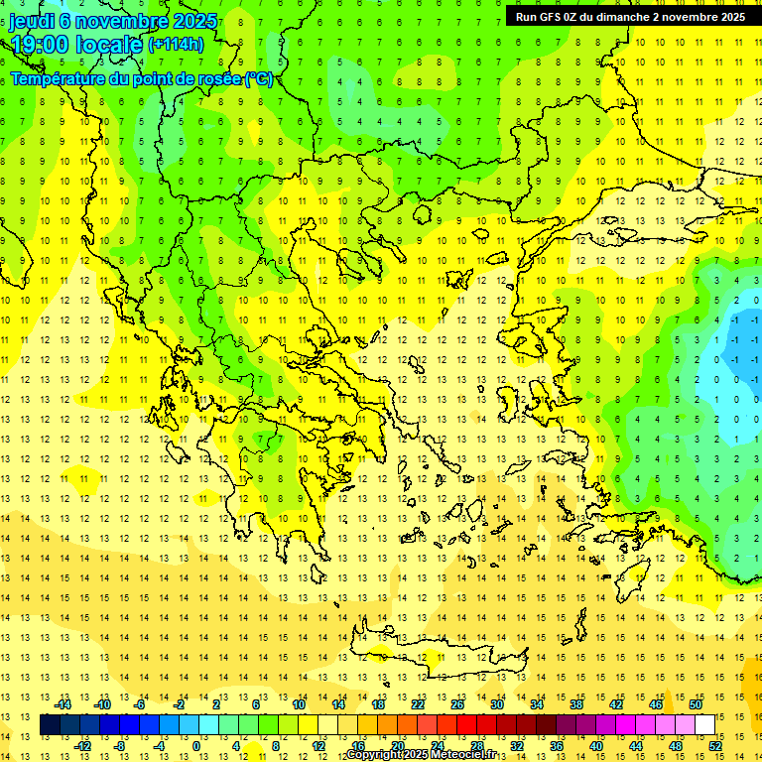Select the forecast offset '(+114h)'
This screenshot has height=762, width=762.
(176, 44)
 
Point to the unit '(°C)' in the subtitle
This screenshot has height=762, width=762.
(259, 77)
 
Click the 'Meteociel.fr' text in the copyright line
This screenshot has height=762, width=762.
(465, 755)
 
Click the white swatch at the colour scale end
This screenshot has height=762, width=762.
(705, 725)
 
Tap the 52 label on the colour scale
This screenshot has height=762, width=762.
(716, 746)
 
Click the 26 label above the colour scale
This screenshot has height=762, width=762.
(456, 704)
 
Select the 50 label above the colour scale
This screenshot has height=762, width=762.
(696, 704)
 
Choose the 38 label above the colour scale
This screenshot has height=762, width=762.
(576, 704)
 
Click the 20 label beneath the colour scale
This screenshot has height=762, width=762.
(397, 746)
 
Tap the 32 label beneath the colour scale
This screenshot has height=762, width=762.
(516, 746)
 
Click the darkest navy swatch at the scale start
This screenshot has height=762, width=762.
(50, 725)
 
